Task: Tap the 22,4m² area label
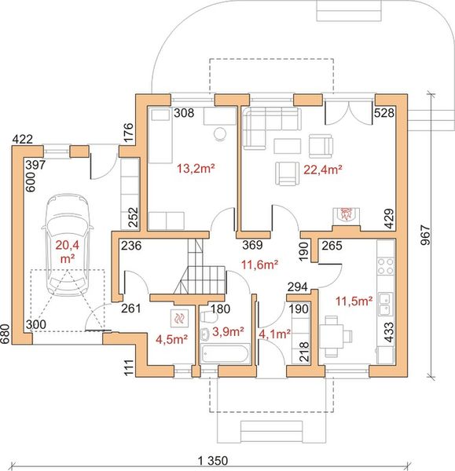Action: pos(323,170)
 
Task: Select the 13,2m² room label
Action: pos(196,169)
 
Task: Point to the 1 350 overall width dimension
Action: pos(213,460)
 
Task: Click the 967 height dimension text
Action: pos(425,235)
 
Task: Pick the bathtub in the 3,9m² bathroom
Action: pos(226,353)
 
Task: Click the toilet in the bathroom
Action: pos(209,317)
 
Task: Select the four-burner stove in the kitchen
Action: pos(386,266)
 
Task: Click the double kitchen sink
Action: pos(386,304)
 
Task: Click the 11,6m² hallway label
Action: pos(259,265)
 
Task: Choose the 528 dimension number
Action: pos(384,112)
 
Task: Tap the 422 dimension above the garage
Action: pos(23,139)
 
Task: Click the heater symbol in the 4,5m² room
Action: pos(179,318)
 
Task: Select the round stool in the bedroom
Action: pos(220,133)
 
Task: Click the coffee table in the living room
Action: pos(287,146)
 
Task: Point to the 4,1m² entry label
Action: pos(274,334)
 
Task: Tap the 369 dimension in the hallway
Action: pos(252,245)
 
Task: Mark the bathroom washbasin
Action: pos(205,334)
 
